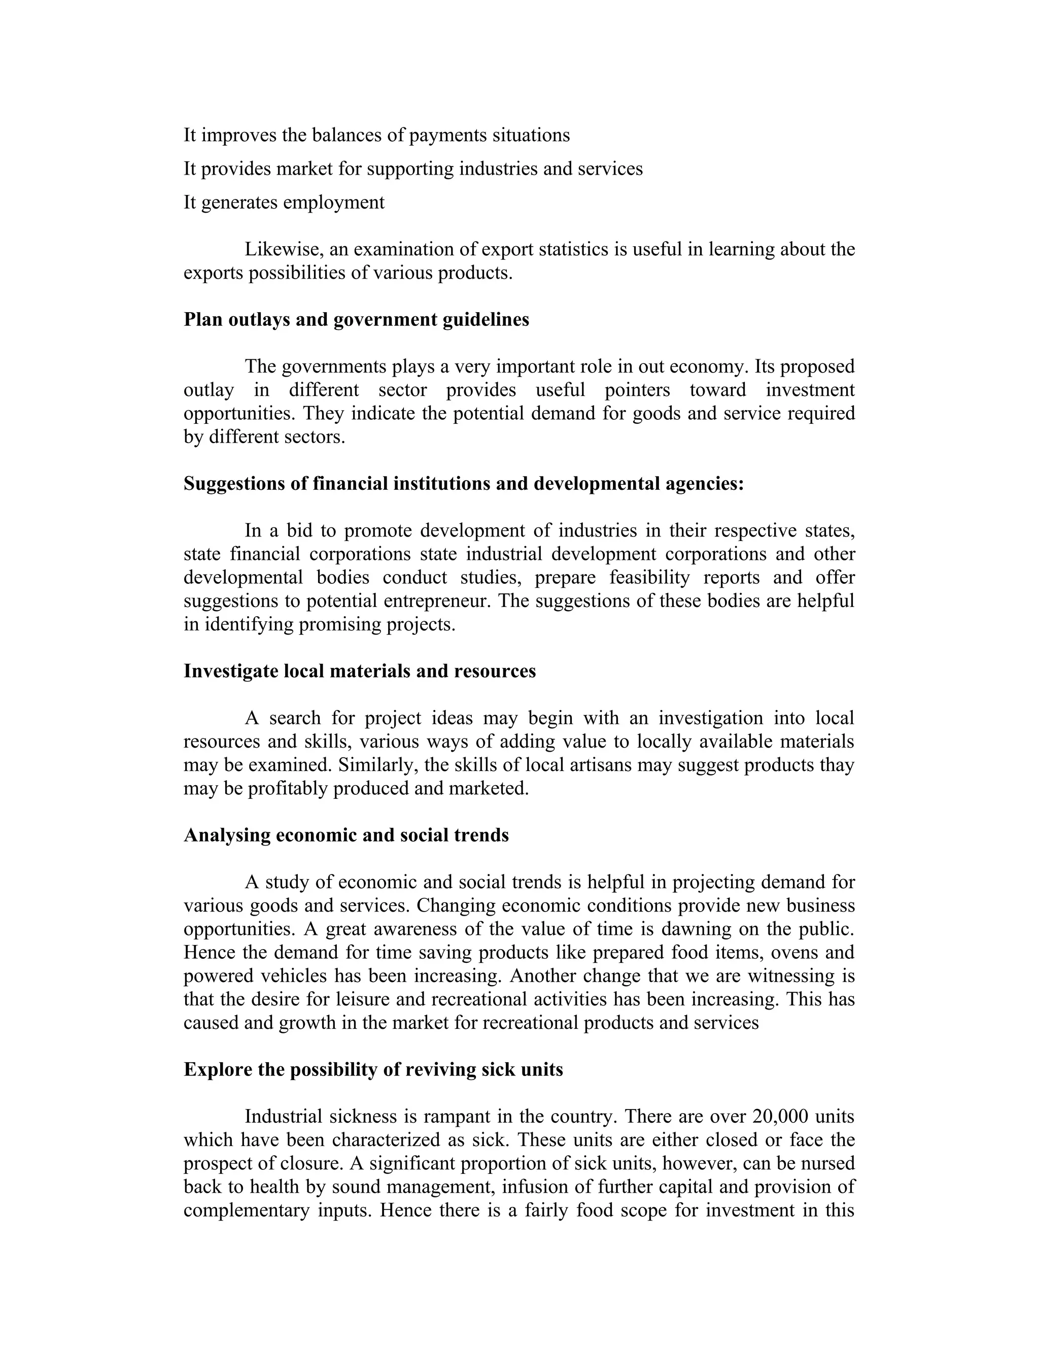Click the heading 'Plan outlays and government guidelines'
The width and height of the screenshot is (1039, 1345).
[x=356, y=320]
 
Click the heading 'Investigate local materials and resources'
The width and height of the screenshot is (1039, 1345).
[x=360, y=670]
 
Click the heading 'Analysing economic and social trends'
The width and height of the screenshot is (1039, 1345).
[x=346, y=835]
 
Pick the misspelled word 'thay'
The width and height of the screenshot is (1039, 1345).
[x=834, y=765]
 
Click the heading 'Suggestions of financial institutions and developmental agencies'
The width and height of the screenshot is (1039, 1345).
[x=464, y=483]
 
